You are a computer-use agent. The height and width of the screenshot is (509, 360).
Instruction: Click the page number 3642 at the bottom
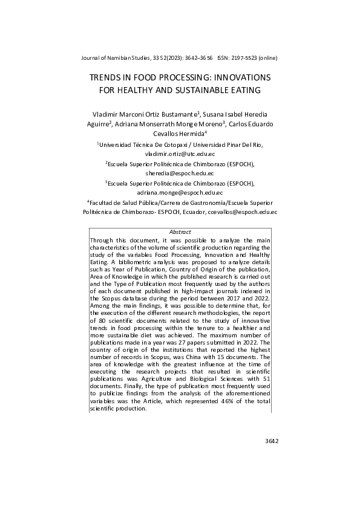tap(271, 441)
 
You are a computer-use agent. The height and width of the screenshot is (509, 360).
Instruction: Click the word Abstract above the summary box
tap(180, 232)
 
